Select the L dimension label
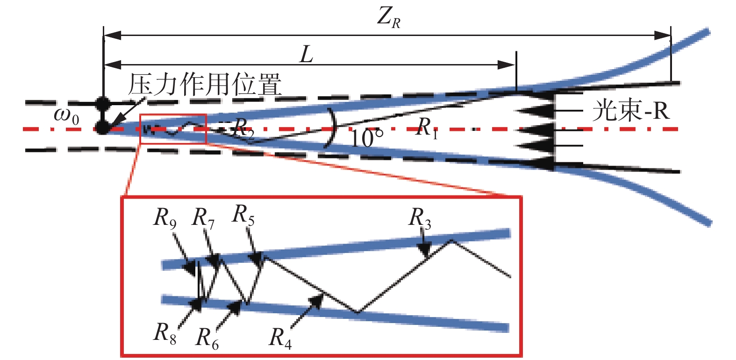click(306, 55)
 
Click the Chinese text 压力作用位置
click(205, 85)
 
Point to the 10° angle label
click(366, 138)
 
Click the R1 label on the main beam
click(427, 128)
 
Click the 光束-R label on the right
click(631, 111)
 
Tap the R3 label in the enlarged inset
click(420, 218)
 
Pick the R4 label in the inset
click(280, 338)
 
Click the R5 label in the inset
click(243, 215)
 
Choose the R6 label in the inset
click(207, 338)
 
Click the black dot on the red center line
click(102, 128)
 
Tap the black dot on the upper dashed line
click(102, 102)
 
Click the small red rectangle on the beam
click(173, 129)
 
